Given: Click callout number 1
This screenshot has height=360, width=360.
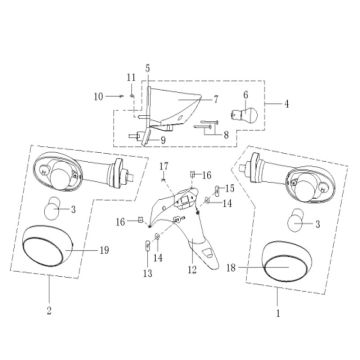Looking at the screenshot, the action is point(278,313).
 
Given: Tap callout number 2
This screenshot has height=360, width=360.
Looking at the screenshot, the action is point(49,311).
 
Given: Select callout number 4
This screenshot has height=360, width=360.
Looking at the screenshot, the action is point(286,104).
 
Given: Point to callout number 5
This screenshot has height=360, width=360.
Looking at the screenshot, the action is point(148,68).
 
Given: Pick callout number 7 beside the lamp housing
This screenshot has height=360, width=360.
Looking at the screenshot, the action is point(215,99).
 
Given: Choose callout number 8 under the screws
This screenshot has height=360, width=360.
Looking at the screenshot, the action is point(226,135).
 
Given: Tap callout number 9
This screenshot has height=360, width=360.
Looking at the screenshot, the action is point(163,140).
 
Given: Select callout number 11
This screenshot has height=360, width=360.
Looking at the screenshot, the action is point(131,78).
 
